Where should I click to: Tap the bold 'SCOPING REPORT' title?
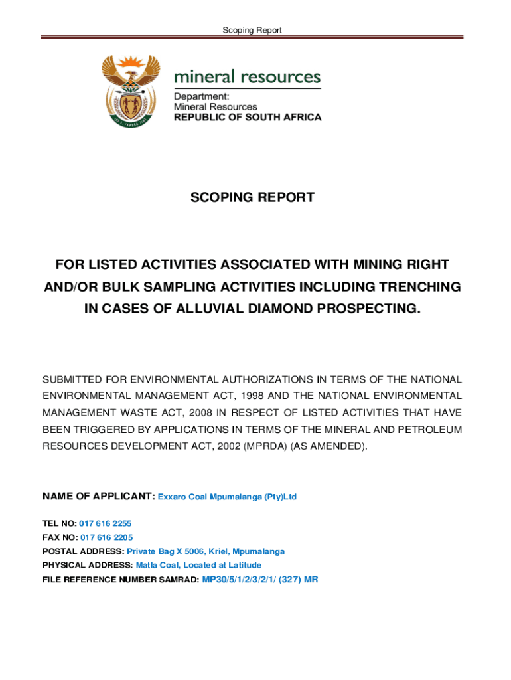pyautogui.click(x=252, y=197)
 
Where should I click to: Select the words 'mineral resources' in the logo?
pyautogui.click(x=247, y=77)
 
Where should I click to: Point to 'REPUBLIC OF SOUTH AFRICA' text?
pyautogui.click(x=248, y=117)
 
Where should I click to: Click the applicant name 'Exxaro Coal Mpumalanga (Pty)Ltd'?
pyautogui.click(x=227, y=497)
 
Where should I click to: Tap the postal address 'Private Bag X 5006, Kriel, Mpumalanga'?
pyautogui.click(x=206, y=551)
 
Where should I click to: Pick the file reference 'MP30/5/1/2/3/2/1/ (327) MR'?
pyautogui.click(x=260, y=579)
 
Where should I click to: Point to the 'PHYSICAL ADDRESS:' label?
pyautogui.click(x=88, y=565)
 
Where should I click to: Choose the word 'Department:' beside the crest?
pyautogui.click(x=196, y=96)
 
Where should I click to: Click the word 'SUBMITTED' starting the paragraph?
pyautogui.click(x=72, y=380)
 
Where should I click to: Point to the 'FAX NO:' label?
pyautogui.click(x=60, y=537)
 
